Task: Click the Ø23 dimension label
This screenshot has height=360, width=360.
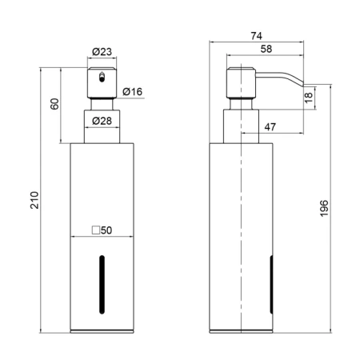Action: point(102,52)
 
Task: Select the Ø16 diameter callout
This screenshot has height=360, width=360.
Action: point(133,92)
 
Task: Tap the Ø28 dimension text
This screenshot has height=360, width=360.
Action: point(102,121)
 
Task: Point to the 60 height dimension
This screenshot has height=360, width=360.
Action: point(54,104)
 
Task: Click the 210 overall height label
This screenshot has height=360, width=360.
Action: point(34,200)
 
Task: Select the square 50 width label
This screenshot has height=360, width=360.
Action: point(102,230)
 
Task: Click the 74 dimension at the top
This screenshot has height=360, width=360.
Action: point(257,36)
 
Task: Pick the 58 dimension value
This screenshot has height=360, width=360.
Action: point(266,49)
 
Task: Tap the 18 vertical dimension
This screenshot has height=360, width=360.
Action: point(308,98)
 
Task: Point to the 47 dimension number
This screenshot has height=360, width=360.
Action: point(270,127)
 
